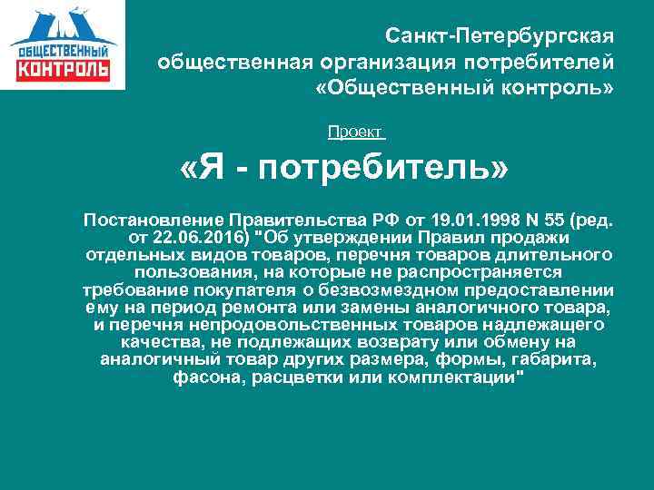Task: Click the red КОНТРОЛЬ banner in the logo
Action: pos(63,69)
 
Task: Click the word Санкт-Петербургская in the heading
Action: pos(500,37)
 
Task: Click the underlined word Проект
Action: pos(355,132)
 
